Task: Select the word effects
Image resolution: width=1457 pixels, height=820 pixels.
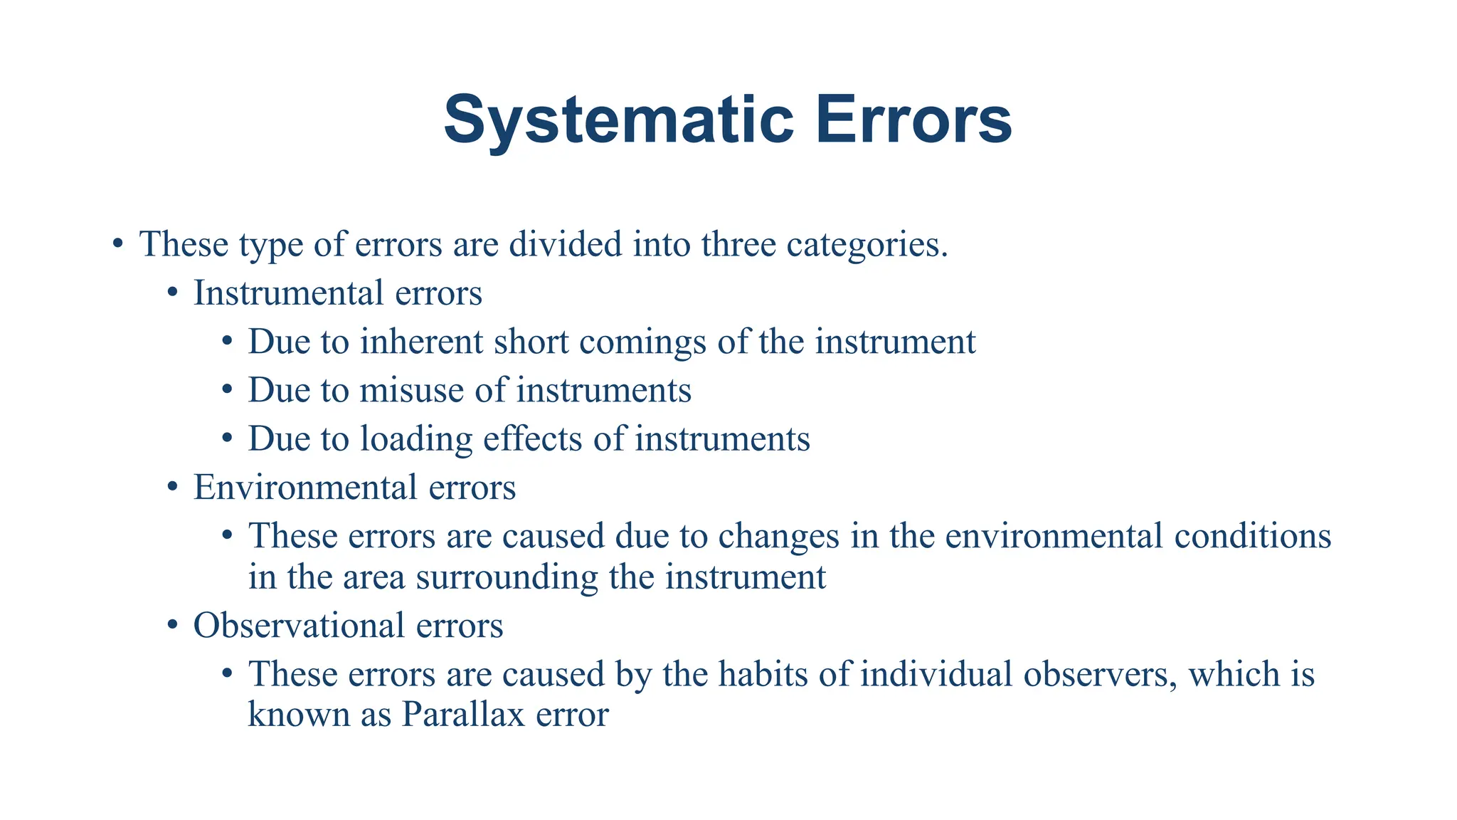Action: pos(533,438)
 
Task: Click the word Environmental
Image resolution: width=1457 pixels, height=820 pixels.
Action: pos(304,488)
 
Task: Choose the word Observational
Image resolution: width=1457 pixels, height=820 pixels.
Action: pos(298,626)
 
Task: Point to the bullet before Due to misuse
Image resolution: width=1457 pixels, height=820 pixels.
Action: pos(227,391)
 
